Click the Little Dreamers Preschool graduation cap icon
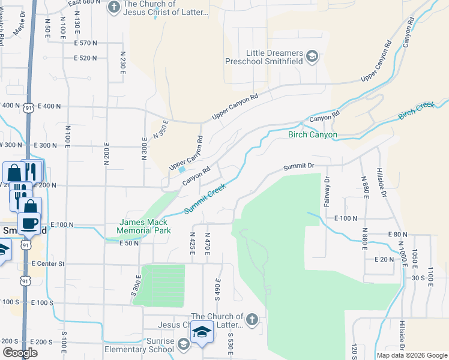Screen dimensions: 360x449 [x=312, y=56]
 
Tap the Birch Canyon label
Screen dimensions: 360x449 [x=312, y=135]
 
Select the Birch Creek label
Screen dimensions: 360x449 [x=416, y=110]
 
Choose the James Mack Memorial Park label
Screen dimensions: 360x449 [x=145, y=226]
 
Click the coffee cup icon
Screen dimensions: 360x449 [x=29, y=224]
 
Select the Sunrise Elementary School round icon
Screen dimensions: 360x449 [x=183, y=343]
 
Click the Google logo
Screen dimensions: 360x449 [x=20, y=352]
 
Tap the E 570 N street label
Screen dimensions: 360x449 [x=85, y=43]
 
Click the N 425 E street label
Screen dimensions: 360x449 [x=193, y=243]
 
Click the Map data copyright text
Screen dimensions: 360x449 [x=411, y=355]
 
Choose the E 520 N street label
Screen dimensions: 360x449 [x=85, y=58]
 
